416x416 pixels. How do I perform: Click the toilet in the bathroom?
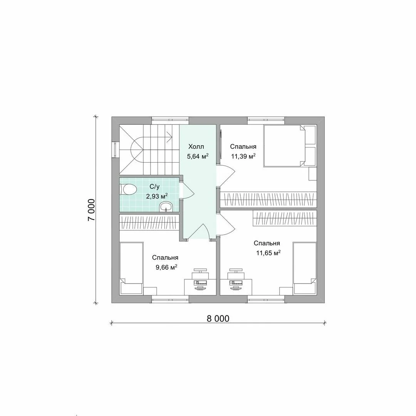pyautogui.click(x=128, y=190)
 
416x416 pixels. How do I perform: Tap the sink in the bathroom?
pyautogui.click(x=166, y=207)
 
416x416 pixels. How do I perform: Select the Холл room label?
pyautogui.click(x=196, y=147)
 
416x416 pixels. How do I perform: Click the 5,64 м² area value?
pyautogui.click(x=198, y=156)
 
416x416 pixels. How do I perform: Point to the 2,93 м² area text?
pyautogui.click(x=157, y=196)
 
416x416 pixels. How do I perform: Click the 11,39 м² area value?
pyautogui.click(x=243, y=156)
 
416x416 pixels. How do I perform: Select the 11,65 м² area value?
pyautogui.click(x=268, y=253)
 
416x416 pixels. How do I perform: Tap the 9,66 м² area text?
pyautogui.click(x=166, y=267)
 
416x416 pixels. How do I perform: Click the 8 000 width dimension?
pyautogui.click(x=218, y=319)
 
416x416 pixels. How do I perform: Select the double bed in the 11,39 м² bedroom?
pyautogui.click(x=290, y=146)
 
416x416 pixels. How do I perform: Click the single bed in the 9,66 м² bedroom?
pyautogui.click(x=132, y=268)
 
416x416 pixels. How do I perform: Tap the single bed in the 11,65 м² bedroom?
pyautogui.click(x=305, y=268)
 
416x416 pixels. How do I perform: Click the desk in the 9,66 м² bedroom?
pyautogui.click(x=200, y=287)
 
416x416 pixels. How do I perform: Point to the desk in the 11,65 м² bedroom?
pyautogui.click(x=236, y=287)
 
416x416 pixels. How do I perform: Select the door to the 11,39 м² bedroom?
pyautogui.click(x=225, y=175)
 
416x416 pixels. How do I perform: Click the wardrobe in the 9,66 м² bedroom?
pyautogui.click(x=149, y=222)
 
